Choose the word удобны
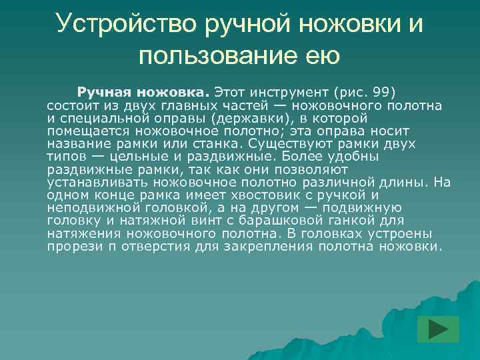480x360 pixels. coord(351,157)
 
